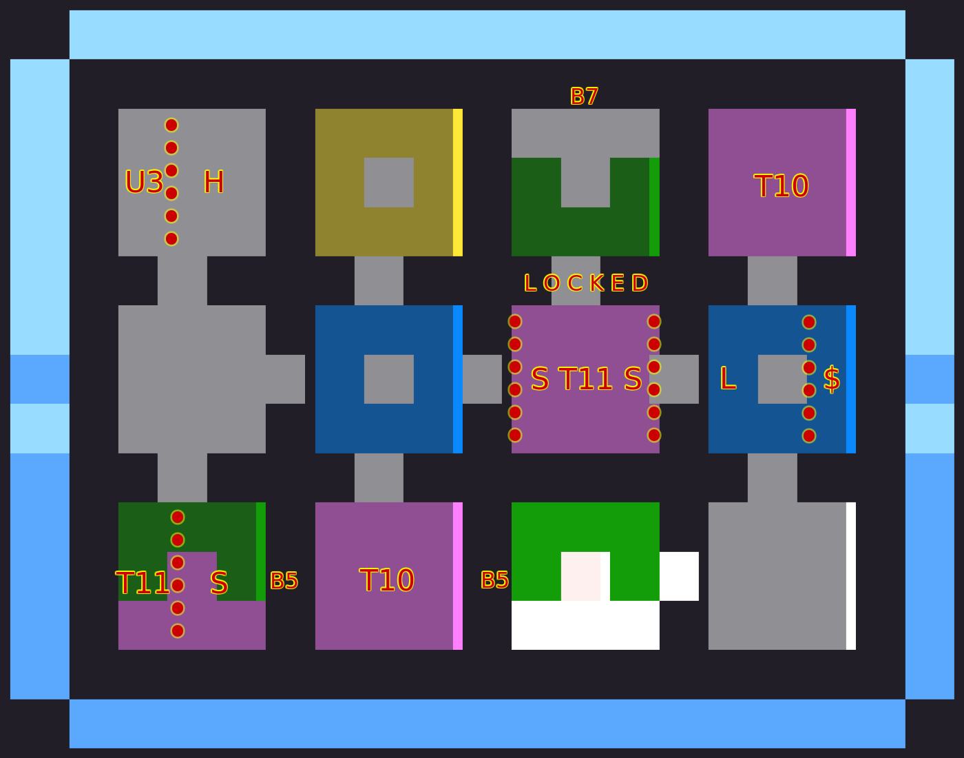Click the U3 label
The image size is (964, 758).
(144, 183)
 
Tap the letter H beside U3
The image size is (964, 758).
(213, 183)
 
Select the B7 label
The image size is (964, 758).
(584, 96)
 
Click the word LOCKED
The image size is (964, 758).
(585, 283)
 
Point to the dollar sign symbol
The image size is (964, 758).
(832, 380)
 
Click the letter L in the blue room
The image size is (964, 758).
(728, 379)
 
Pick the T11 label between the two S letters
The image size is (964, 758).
(585, 380)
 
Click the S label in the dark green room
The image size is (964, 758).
(219, 584)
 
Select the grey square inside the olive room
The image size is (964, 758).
(389, 183)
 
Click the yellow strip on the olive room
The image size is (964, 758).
(458, 183)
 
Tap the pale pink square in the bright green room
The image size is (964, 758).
(580, 576)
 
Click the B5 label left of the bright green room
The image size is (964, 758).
(494, 580)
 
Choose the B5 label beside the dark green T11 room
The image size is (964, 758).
(284, 581)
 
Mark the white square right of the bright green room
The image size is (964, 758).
(679, 576)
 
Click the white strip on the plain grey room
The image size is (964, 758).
(851, 576)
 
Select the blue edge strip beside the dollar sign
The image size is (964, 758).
(851, 379)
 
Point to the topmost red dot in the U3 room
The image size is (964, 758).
(171, 125)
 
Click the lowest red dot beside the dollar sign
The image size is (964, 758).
(809, 436)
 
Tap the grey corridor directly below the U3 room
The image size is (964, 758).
(182, 280)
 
